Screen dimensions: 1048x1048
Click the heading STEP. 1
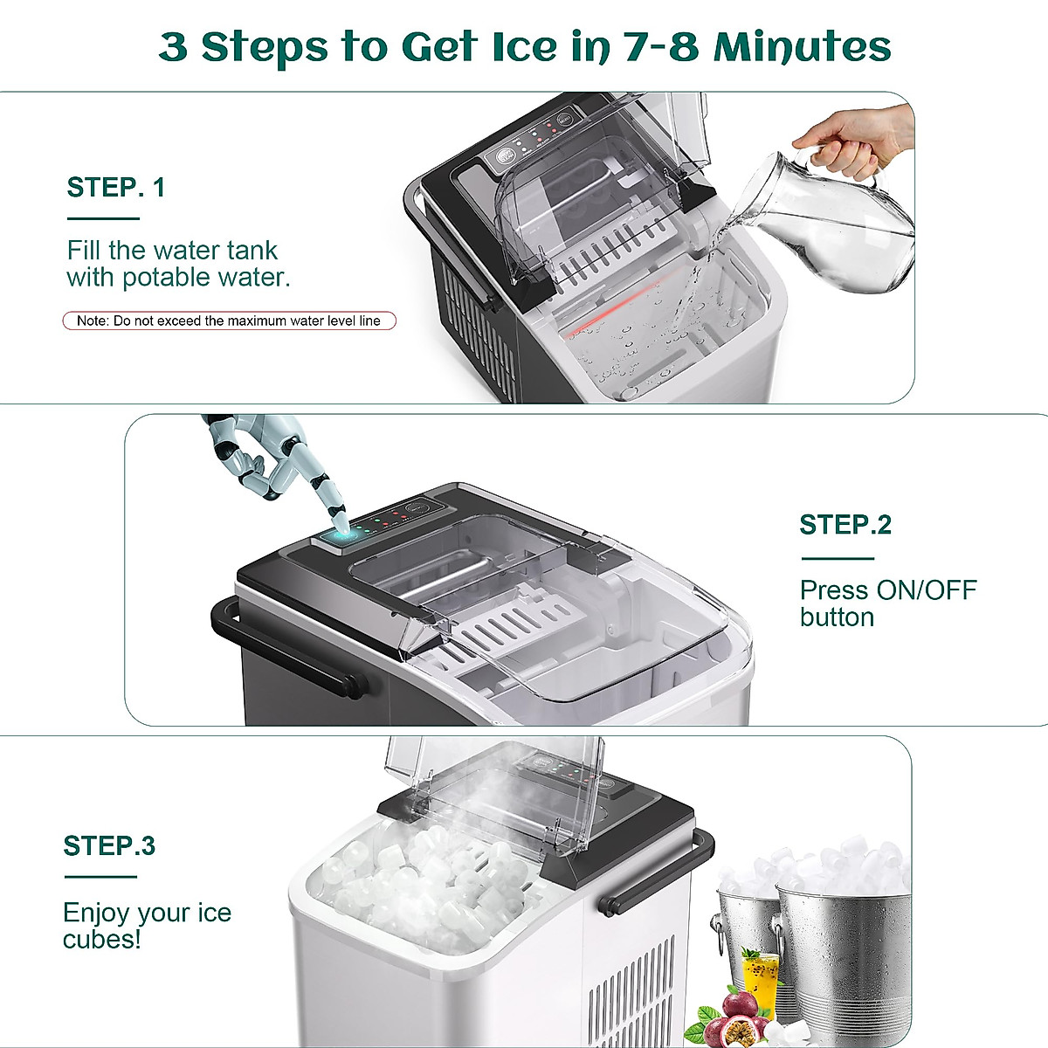115,187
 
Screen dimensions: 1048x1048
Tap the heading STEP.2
845,525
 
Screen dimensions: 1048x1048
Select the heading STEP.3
109,845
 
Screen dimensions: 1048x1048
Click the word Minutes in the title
802,46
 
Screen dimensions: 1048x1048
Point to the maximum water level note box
229,321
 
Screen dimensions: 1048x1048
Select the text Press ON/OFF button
887,603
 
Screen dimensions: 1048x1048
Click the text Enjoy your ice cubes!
147,926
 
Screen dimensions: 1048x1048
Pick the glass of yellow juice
760,978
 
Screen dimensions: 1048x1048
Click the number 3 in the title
173,46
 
